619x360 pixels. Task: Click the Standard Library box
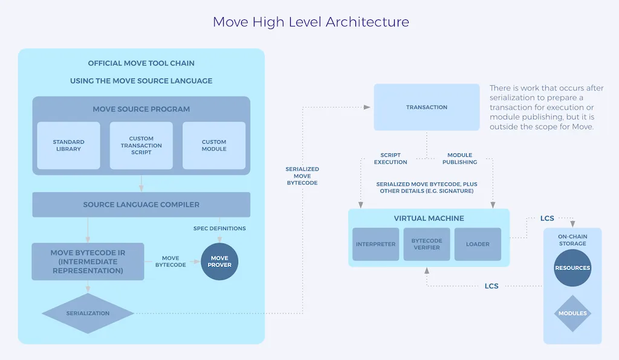68,146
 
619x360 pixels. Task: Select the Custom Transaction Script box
141,146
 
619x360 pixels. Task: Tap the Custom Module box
214,146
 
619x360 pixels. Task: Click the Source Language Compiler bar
141,205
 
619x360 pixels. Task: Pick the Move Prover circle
219,262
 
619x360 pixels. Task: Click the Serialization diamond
88,313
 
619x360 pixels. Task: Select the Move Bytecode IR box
88,262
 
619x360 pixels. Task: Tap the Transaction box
427,108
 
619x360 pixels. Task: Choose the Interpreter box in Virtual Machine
376,244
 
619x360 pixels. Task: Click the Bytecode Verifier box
427,244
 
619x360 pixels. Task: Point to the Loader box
478,244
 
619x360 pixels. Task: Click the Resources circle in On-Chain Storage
572,268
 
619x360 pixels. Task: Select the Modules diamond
572,313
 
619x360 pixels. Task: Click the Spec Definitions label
219,228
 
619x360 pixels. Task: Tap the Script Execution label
391,158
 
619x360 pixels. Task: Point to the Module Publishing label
460,158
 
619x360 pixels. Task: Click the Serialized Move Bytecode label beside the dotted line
302,176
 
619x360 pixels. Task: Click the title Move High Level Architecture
311,22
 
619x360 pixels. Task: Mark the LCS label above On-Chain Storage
547,218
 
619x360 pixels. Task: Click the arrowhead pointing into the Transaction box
367,108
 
